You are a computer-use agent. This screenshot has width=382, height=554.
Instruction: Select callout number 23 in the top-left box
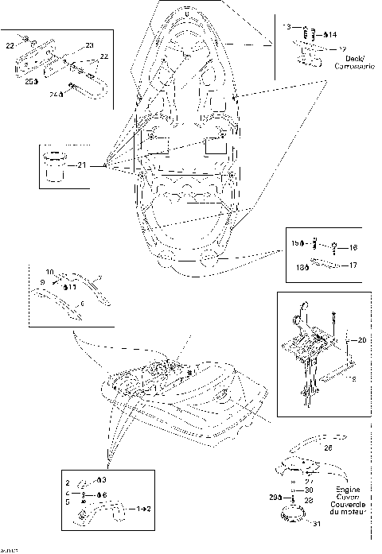tap(89, 46)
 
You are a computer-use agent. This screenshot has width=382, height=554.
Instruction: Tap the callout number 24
tap(54, 94)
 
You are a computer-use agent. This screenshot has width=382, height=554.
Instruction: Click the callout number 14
tap(332, 34)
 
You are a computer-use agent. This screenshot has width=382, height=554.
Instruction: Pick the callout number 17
tap(353, 265)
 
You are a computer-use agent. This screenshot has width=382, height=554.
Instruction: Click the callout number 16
tap(354, 248)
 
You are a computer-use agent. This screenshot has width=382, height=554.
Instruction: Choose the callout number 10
tap(49, 272)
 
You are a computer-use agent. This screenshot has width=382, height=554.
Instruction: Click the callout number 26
tap(327, 447)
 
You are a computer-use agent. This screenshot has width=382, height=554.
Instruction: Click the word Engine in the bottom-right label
tap(347, 490)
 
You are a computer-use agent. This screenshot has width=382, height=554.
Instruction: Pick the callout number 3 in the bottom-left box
tap(103, 481)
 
